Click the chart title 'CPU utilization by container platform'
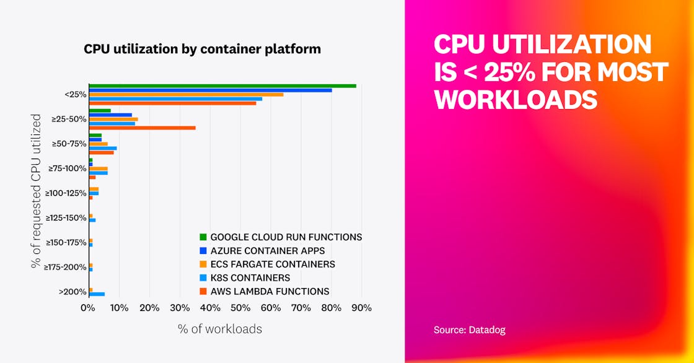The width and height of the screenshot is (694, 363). tap(202, 49)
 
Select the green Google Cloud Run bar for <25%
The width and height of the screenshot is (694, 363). tap(222, 85)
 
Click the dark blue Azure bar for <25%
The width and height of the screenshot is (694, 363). tap(210, 90)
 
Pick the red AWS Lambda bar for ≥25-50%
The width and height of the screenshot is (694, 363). tap(142, 128)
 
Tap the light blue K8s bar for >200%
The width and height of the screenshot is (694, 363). tap(97, 294)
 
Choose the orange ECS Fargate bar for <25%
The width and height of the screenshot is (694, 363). tap(186, 94)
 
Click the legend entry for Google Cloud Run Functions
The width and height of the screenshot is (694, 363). tap(286, 237)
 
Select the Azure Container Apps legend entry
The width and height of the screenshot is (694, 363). tap(267, 251)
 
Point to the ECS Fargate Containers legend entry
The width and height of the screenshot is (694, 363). tap(272, 265)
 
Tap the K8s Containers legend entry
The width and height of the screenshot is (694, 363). tap(250, 278)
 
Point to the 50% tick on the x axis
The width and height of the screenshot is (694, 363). tap(240, 308)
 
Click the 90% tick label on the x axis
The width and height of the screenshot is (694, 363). tap(361, 308)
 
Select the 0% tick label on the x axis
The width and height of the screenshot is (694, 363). tap(89, 308)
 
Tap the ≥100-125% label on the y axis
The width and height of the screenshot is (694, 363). tap(68, 193)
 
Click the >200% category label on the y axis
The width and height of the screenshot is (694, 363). tap(72, 292)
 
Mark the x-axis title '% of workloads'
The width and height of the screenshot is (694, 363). tap(220, 329)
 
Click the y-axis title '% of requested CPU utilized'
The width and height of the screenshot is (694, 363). tap(37, 191)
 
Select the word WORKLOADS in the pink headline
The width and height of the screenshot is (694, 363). tap(516, 100)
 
